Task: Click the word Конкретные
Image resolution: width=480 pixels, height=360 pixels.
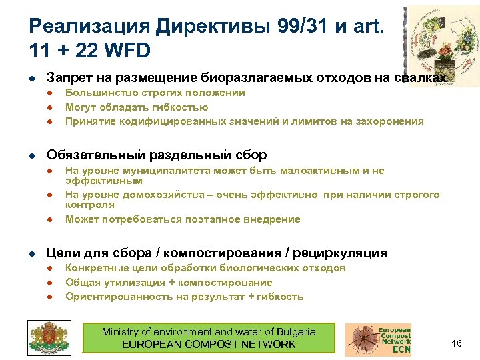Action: [94, 268]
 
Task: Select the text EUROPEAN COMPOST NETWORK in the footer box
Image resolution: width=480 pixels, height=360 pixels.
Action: [208, 345]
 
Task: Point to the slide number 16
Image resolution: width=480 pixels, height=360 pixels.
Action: [457, 343]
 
